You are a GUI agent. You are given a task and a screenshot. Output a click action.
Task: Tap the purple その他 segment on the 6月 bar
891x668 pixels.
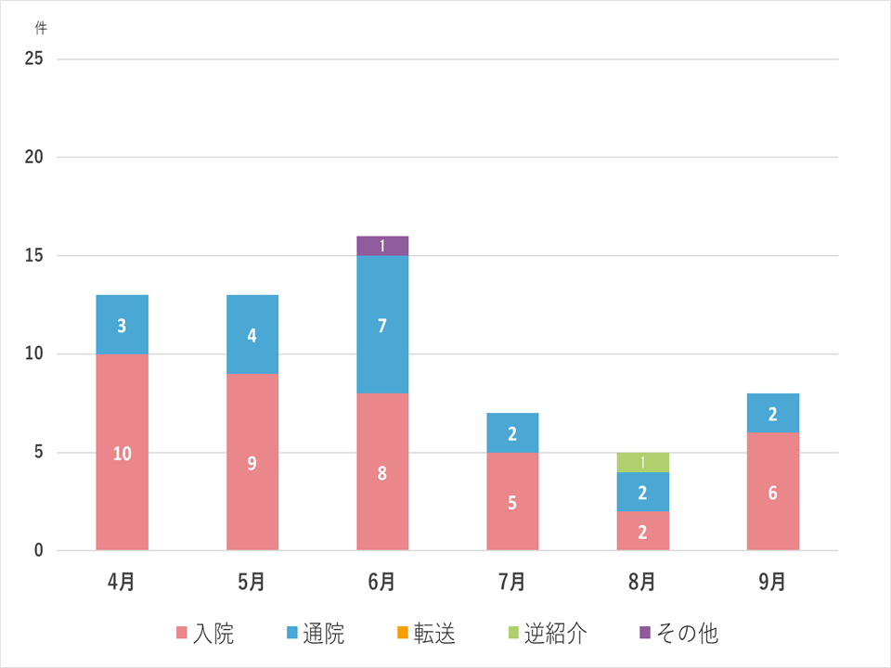(x=381, y=246)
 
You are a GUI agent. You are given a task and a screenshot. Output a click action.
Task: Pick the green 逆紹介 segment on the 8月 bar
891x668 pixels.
(x=642, y=462)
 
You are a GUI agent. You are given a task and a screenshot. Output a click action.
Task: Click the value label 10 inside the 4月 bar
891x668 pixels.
(x=122, y=454)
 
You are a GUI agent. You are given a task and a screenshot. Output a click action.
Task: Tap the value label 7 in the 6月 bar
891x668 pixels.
(x=381, y=326)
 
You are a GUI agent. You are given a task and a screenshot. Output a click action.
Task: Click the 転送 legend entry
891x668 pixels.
(x=425, y=634)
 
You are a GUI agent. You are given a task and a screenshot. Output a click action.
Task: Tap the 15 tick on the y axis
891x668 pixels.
(x=35, y=256)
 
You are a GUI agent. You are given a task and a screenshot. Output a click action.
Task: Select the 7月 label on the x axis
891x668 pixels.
(x=511, y=582)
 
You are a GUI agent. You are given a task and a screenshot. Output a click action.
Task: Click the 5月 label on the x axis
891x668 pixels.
(x=252, y=582)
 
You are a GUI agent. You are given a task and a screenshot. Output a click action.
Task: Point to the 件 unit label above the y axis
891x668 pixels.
(x=40, y=28)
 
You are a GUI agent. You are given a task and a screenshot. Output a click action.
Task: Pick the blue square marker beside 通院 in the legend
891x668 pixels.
(x=293, y=634)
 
